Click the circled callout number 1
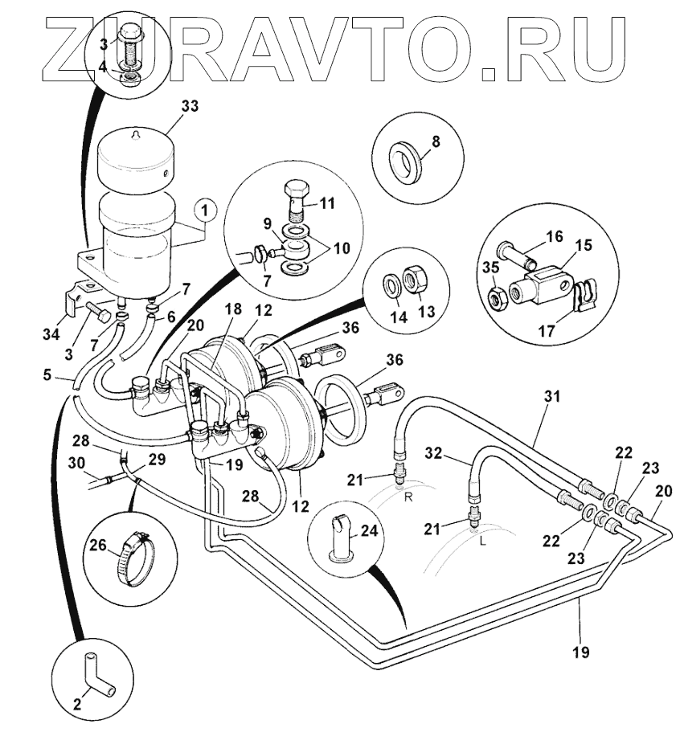[x=206, y=211]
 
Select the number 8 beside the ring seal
[x=436, y=141]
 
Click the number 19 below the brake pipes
[x=580, y=652]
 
